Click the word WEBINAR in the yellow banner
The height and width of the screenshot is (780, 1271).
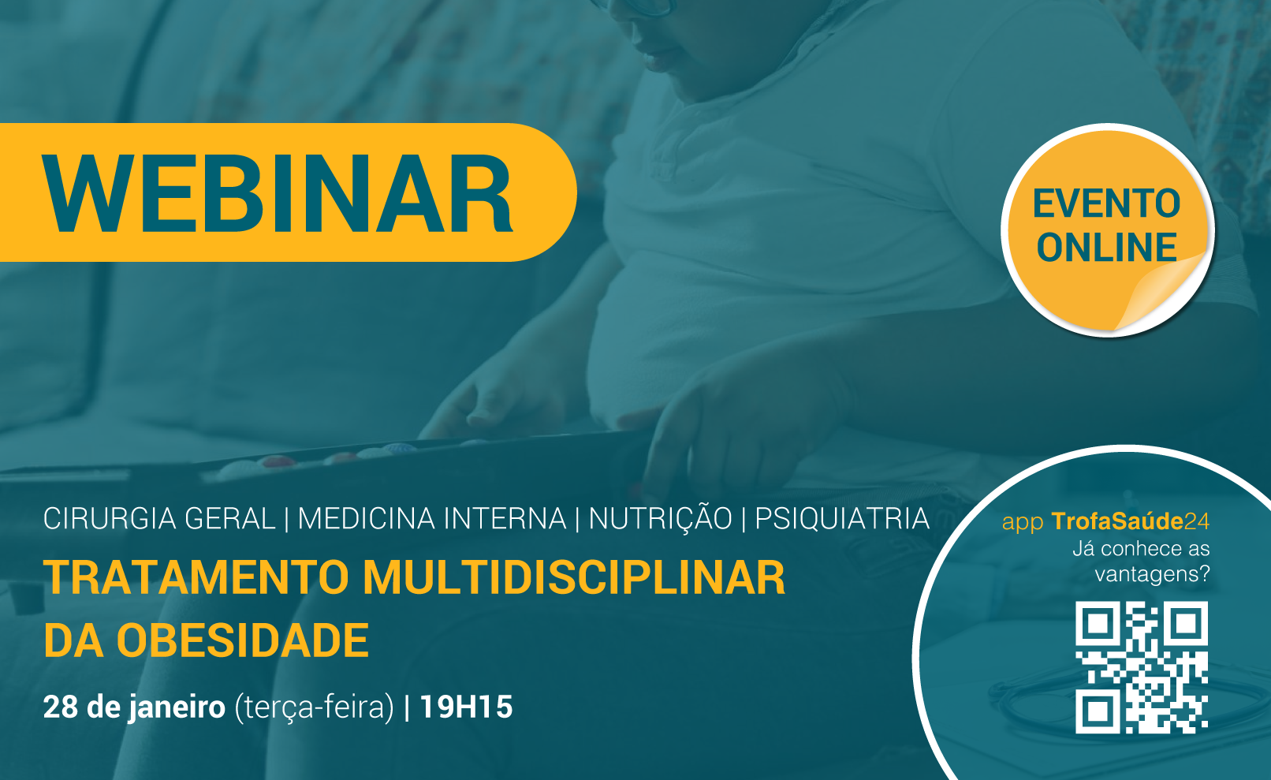[278, 193]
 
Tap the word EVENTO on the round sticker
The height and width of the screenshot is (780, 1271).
[1106, 203]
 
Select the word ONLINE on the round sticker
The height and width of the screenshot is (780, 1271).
[1106, 247]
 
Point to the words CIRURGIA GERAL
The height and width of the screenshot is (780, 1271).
[159, 518]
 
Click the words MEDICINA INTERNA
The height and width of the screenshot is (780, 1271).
[432, 518]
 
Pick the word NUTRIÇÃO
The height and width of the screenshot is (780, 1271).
[660, 517]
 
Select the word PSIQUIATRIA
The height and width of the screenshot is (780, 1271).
[842, 518]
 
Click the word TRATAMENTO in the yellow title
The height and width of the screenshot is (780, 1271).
[196, 578]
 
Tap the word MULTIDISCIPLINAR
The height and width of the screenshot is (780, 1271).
[574, 578]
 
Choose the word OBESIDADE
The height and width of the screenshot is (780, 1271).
[243, 640]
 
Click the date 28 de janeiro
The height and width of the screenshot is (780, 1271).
[134, 707]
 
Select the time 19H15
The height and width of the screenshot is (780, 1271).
[466, 707]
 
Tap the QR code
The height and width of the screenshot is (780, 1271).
[1141, 667]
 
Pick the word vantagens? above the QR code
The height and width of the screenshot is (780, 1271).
[1153, 575]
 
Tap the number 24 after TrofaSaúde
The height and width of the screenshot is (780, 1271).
[1197, 521]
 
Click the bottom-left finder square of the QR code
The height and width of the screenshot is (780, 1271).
[1098, 711]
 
